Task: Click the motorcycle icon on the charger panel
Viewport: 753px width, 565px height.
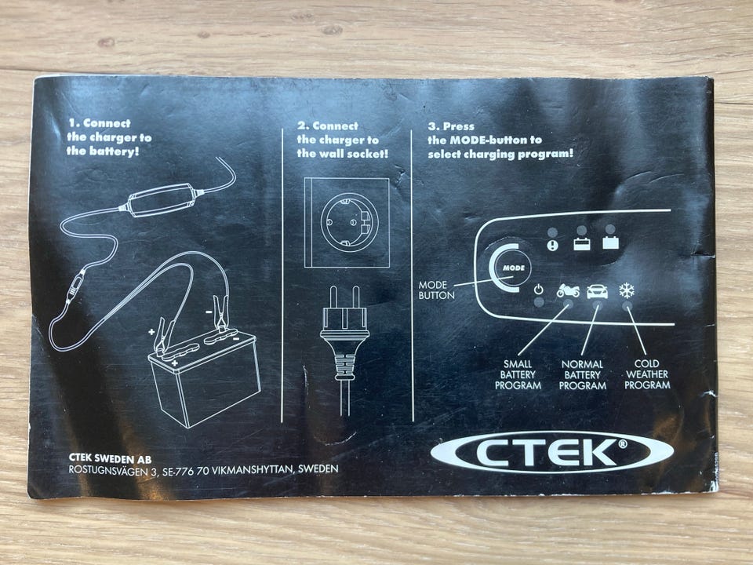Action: (x=568, y=290)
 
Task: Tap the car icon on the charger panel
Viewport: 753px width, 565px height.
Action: (x=597, y=291)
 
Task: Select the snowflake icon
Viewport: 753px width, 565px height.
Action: (x=627, y=290)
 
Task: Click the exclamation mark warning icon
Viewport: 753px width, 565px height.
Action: (x=553, y=246)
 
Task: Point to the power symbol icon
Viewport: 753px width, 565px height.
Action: (x=539, y=290)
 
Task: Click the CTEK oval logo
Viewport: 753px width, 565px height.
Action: (x=552, y=452)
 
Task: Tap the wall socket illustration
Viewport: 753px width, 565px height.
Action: (x=347, y=222)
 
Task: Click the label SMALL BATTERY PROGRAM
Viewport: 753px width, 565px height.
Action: (x=518, y=375)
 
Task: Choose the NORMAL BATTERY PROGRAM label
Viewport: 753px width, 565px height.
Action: (x=583, y=375)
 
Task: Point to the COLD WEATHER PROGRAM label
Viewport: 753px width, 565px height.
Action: (x=647, y=374)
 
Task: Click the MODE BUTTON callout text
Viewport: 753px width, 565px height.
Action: (x=436, y=290)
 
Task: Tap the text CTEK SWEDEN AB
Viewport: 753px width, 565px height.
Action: (x=110, y=457)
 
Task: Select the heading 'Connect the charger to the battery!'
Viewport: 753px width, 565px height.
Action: (x=109, y=137)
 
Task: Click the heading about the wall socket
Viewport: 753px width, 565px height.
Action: (x=343, y=140)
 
